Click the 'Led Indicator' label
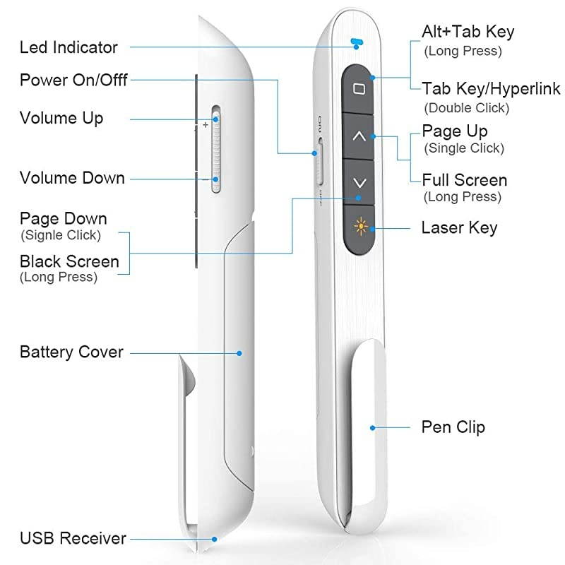[x=69, y=48]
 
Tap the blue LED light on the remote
[x=357, y=42]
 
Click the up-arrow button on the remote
[x=359, y=136]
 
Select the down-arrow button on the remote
[x=359, y=182]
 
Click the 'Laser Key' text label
[x=459, y=227]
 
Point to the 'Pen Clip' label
[x=453, y=427]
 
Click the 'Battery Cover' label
[x=71, y=352]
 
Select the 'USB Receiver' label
[x=73, y=538]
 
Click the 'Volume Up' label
[x=61, y=118]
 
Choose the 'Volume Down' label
[x=72, y=178]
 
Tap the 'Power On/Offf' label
[x=73, y=80]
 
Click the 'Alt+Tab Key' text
[x=468, y=32]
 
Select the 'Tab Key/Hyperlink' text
[x=491, y=88]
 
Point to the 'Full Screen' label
[x=464, y=180]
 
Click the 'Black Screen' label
[x=69, y=261]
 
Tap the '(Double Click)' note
[x=466, y=108]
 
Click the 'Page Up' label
[x=454, y=131]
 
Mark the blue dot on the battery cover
[x=240, y=352]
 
